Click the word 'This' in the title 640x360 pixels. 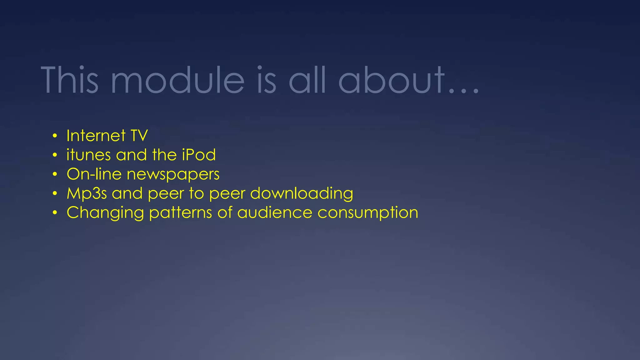coord(70,80)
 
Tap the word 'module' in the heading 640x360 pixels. coord(177,80)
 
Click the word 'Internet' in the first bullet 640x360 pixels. coord(96,136)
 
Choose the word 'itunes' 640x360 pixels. coord(89,155)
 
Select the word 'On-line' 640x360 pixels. coord(94,174)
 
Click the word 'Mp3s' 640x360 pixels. coord(87,194)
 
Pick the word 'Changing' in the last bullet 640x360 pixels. coord(105,213)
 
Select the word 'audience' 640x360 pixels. coord(275,213)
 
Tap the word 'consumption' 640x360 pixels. coord(368,213)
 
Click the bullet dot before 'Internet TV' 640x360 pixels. coord(55,136)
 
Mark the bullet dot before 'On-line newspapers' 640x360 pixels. coord(55,174)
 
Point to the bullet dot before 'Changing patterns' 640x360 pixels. coord(55,213)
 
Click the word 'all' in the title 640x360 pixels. coord(307,80)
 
